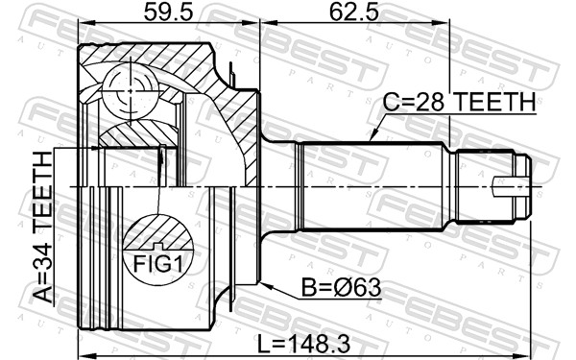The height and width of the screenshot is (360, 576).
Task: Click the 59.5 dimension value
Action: (168, 12)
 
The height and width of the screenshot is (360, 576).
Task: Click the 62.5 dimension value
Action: (353, 12)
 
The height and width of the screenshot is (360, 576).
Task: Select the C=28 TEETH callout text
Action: (459, 102)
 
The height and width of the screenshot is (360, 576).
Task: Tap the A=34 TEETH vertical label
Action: (43, 228)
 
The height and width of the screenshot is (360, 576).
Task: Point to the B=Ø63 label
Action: (341, 287)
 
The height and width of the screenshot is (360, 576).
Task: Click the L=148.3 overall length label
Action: (303, 344)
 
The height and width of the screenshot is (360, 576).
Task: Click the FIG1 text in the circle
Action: (157, 263)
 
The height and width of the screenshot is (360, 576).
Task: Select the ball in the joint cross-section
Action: (131, 91)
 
